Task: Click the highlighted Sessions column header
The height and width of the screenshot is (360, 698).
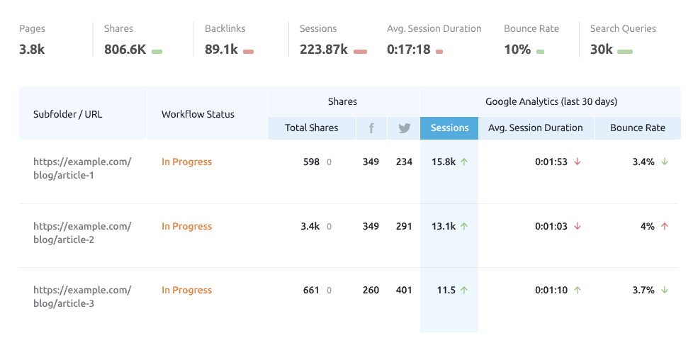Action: [449, 128]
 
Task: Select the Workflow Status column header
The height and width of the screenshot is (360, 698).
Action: [198, 114]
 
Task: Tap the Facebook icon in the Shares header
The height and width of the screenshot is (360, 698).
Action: [371, 128]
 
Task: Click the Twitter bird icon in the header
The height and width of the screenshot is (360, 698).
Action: [404, 128]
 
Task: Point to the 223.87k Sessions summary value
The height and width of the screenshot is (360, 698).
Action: [324, 50]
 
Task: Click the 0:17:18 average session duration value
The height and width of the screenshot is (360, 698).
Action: [409, 50]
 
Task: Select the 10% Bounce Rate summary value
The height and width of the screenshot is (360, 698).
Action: [517, 50]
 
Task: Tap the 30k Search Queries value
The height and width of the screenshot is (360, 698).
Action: [602, 50]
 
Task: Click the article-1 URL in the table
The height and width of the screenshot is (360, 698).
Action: [82, 169]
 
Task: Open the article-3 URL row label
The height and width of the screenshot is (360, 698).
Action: [82, 297]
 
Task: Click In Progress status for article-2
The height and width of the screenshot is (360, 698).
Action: [186, 226]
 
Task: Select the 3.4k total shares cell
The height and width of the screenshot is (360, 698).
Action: [310, 226]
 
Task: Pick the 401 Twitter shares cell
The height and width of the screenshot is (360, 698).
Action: [404, 290]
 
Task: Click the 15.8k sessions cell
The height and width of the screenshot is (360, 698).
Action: [444, 162]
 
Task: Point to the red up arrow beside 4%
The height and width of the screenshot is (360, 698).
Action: [664, 226]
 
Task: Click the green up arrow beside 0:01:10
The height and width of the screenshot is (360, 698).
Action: [578, 290]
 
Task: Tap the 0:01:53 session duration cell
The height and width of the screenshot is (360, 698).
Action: [551, 162]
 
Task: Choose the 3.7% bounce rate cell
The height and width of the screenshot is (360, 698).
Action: [643, 290]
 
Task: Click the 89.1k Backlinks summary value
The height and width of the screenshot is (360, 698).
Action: [221, 50]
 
